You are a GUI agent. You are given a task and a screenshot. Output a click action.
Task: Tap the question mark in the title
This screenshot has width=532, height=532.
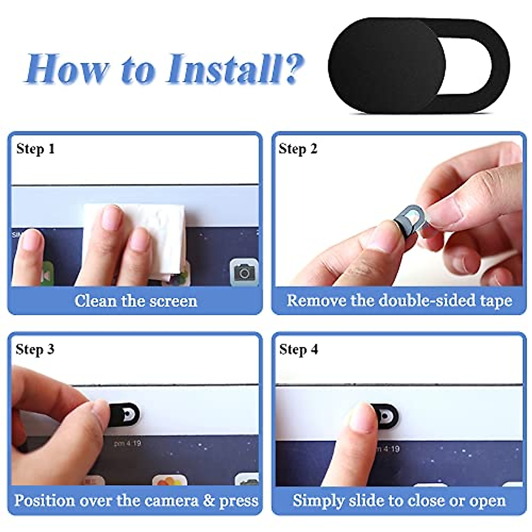(293, 68)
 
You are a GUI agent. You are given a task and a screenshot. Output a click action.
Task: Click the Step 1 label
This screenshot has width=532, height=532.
(36, 149)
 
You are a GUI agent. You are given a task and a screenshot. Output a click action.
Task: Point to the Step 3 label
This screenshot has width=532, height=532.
(35, 349)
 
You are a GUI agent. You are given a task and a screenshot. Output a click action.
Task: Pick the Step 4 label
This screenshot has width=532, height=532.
(299, 349)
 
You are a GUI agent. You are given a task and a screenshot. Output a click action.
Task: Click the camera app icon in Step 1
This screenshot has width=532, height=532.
(244, 272)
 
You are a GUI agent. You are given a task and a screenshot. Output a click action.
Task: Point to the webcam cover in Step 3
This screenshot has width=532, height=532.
(123, 414)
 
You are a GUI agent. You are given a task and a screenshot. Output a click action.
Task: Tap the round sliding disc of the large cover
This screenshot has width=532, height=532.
(387, 66)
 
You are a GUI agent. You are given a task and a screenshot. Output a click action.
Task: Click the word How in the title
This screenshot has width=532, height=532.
(66, 69)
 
